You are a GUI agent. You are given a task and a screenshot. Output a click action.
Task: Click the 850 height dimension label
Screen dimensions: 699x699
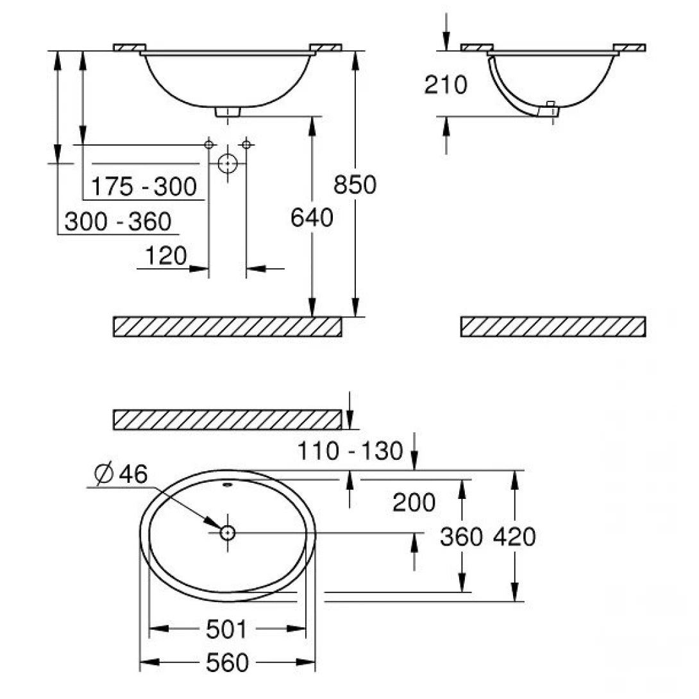click(x=355, y=185)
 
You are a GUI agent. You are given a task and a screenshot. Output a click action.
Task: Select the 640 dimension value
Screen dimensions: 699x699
click(x=312, y=218)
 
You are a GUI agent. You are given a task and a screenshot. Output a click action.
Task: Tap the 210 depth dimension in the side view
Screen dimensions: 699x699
click(x=446, y=84)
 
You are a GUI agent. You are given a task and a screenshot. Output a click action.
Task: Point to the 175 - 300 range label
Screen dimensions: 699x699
click(x=143, y=187)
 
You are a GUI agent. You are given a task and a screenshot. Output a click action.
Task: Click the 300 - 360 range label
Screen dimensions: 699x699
click(x=118, y=222)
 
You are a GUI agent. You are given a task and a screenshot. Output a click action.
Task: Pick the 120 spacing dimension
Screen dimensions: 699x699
click(x=165, y=256)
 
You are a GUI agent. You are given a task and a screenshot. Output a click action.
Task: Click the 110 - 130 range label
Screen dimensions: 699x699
click(x=350, y=451)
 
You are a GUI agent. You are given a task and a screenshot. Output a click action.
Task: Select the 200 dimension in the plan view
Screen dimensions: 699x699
click(x=414, y=502)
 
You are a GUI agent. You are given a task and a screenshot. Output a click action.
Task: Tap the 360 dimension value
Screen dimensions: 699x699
click(x=461, y=537)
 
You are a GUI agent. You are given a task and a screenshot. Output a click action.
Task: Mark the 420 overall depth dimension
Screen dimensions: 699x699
click(x=514, y=537)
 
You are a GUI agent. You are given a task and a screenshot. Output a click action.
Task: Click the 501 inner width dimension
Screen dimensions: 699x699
click(x=226, y=630)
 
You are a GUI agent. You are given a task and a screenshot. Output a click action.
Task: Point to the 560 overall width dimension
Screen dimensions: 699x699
click(x=226, y=663)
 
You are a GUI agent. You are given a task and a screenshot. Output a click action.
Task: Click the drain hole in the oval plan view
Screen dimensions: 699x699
click(x=227, y=532)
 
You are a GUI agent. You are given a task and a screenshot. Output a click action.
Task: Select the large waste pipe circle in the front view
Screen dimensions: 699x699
click(x=227, y=164)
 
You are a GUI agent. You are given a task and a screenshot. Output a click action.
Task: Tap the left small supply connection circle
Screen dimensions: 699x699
click(x=208, y=145)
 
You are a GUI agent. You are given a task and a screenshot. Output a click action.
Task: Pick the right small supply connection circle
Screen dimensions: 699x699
click(x=246, y=145)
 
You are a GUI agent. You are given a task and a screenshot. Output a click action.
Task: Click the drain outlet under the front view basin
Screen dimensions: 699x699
click(x=227, y=112)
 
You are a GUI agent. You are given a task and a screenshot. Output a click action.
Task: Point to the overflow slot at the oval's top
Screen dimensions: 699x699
click(x=227, y=484)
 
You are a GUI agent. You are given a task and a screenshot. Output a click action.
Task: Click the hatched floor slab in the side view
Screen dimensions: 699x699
click(x=553, y=326)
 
